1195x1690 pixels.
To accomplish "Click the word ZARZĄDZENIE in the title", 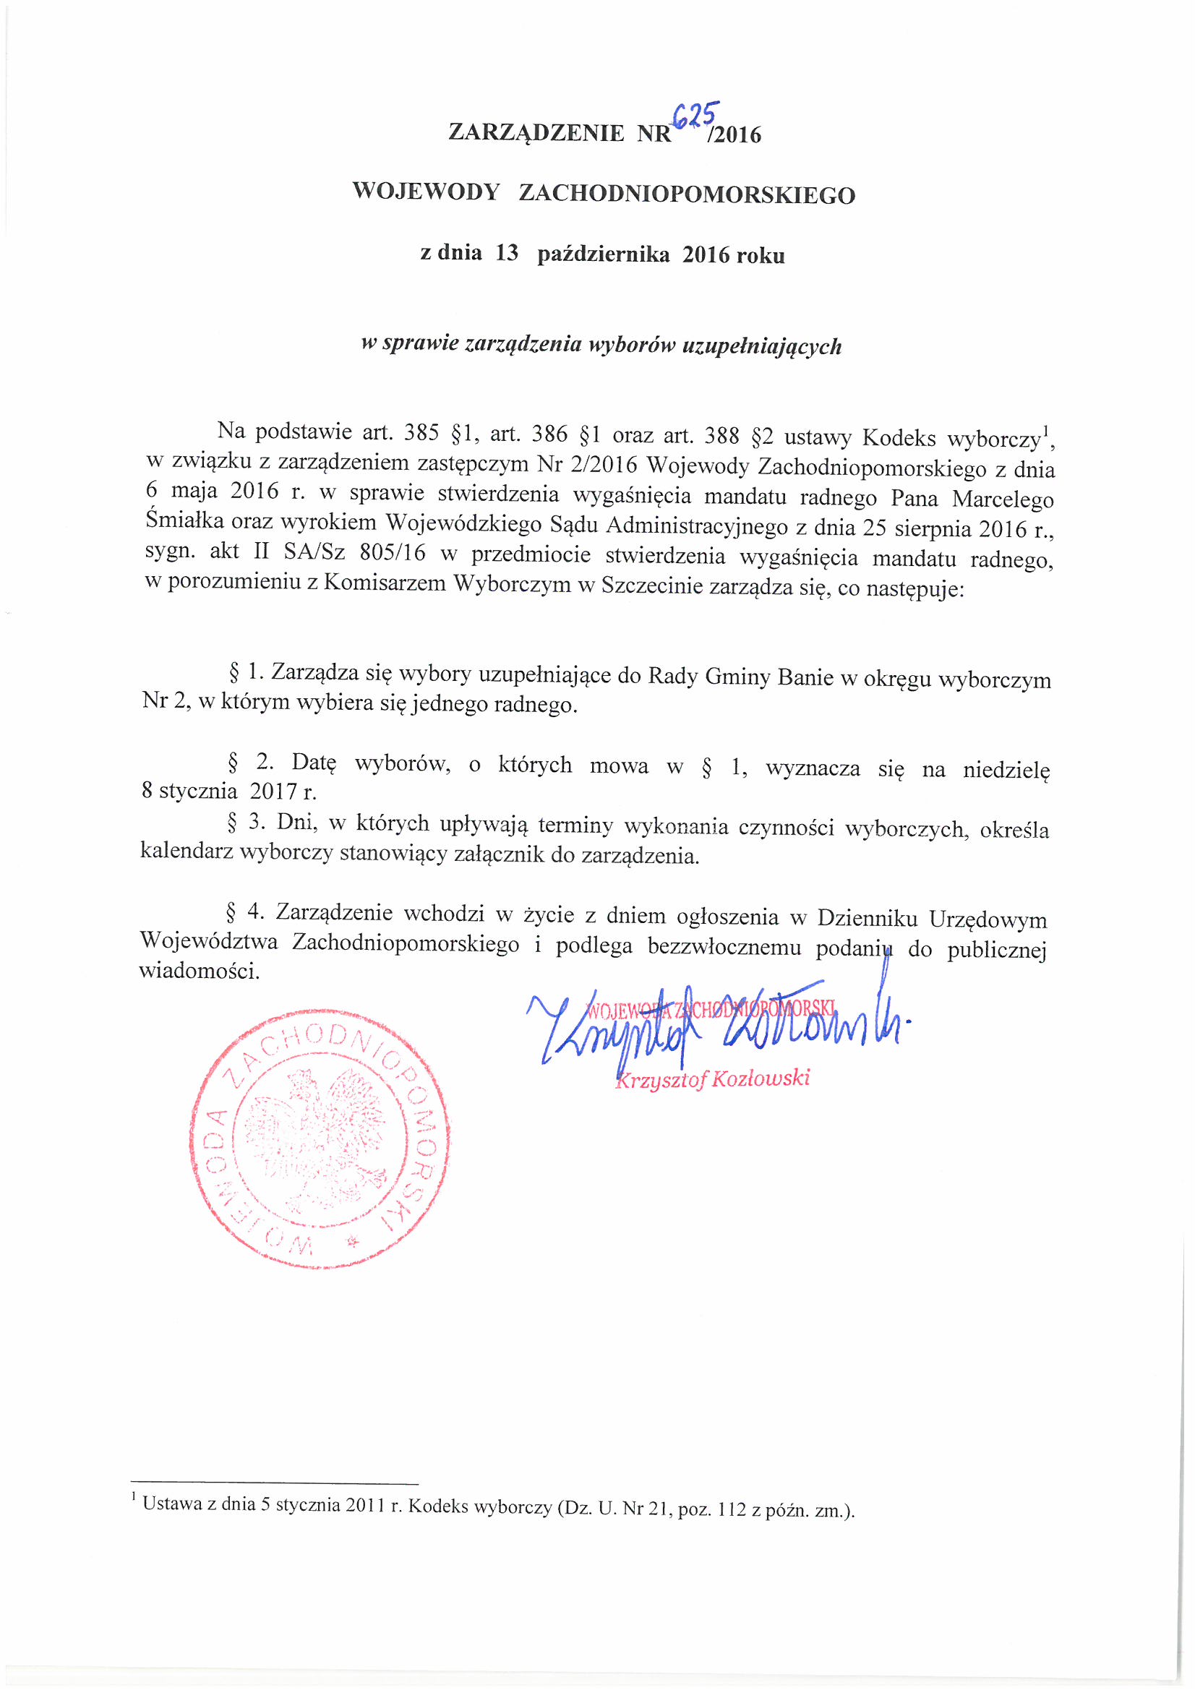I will [x=536, y=132].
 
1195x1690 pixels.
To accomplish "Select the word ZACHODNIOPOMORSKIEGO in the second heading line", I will [x=687, y=194].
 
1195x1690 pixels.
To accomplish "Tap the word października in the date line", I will [x=603, y=254].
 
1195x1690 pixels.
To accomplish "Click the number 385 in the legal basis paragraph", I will [x=421, y=433].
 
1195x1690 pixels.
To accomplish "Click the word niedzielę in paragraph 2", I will [x=1006, y=770].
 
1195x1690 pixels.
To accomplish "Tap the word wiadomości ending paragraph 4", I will [x=199, y=971].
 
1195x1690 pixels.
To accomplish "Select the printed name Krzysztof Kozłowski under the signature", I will [x=713, y=1079].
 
